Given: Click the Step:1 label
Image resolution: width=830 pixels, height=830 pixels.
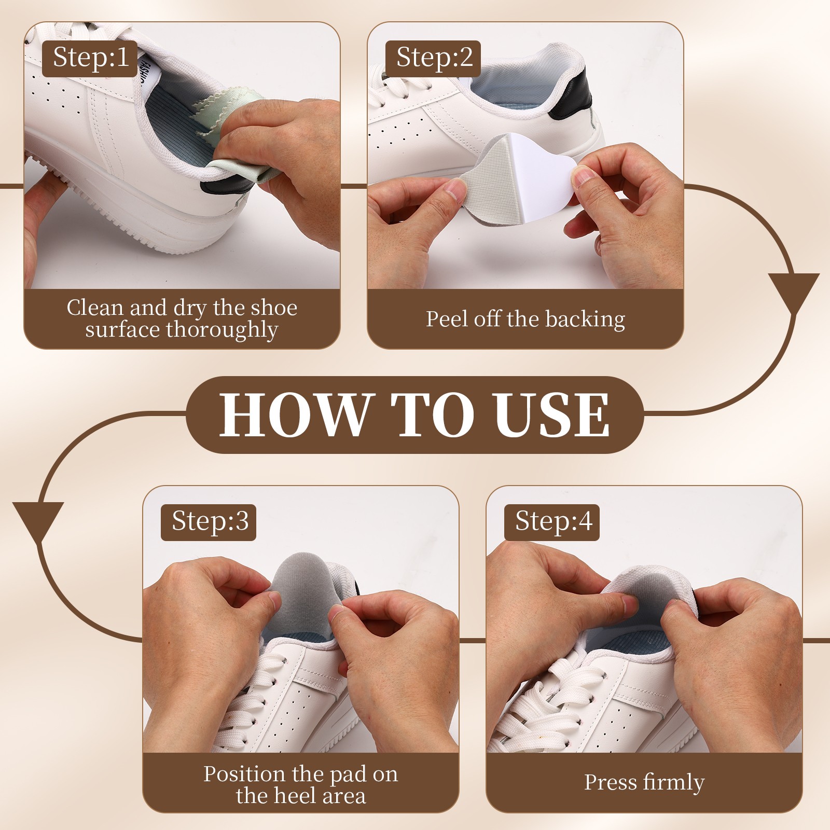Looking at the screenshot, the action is (90, 58).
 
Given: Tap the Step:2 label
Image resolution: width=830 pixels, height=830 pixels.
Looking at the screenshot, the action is (434, 58).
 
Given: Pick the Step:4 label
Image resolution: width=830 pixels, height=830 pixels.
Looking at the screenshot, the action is (552, 522).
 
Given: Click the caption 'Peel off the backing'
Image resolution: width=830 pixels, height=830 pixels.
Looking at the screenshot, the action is (525, 319).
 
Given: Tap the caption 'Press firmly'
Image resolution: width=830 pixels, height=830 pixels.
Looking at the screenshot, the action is (644, 782).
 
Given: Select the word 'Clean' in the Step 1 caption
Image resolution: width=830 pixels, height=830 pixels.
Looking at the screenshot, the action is (96, 308).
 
